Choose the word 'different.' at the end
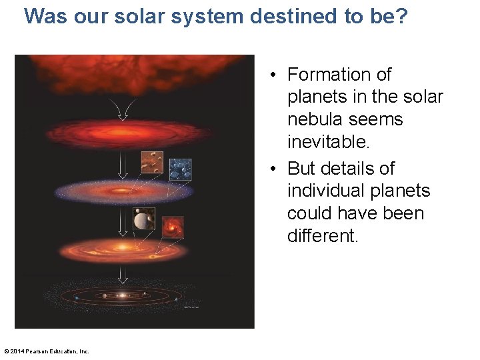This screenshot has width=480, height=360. click(x=323, y=237)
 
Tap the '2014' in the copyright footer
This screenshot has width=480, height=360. click(x=19, y=351)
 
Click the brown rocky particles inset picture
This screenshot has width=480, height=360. click(x=151, y=162)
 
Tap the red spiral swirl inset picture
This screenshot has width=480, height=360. click(x=173, y=227)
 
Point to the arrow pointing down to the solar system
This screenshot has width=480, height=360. click(x=123, y=275)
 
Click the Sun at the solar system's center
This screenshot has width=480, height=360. click(x=122, y=295)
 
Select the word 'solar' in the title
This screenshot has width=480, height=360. click(x=134, y=16)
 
